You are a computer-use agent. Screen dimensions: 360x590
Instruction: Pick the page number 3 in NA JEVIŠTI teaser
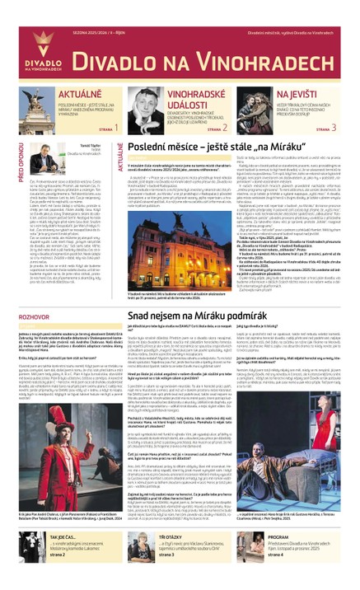334,128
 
